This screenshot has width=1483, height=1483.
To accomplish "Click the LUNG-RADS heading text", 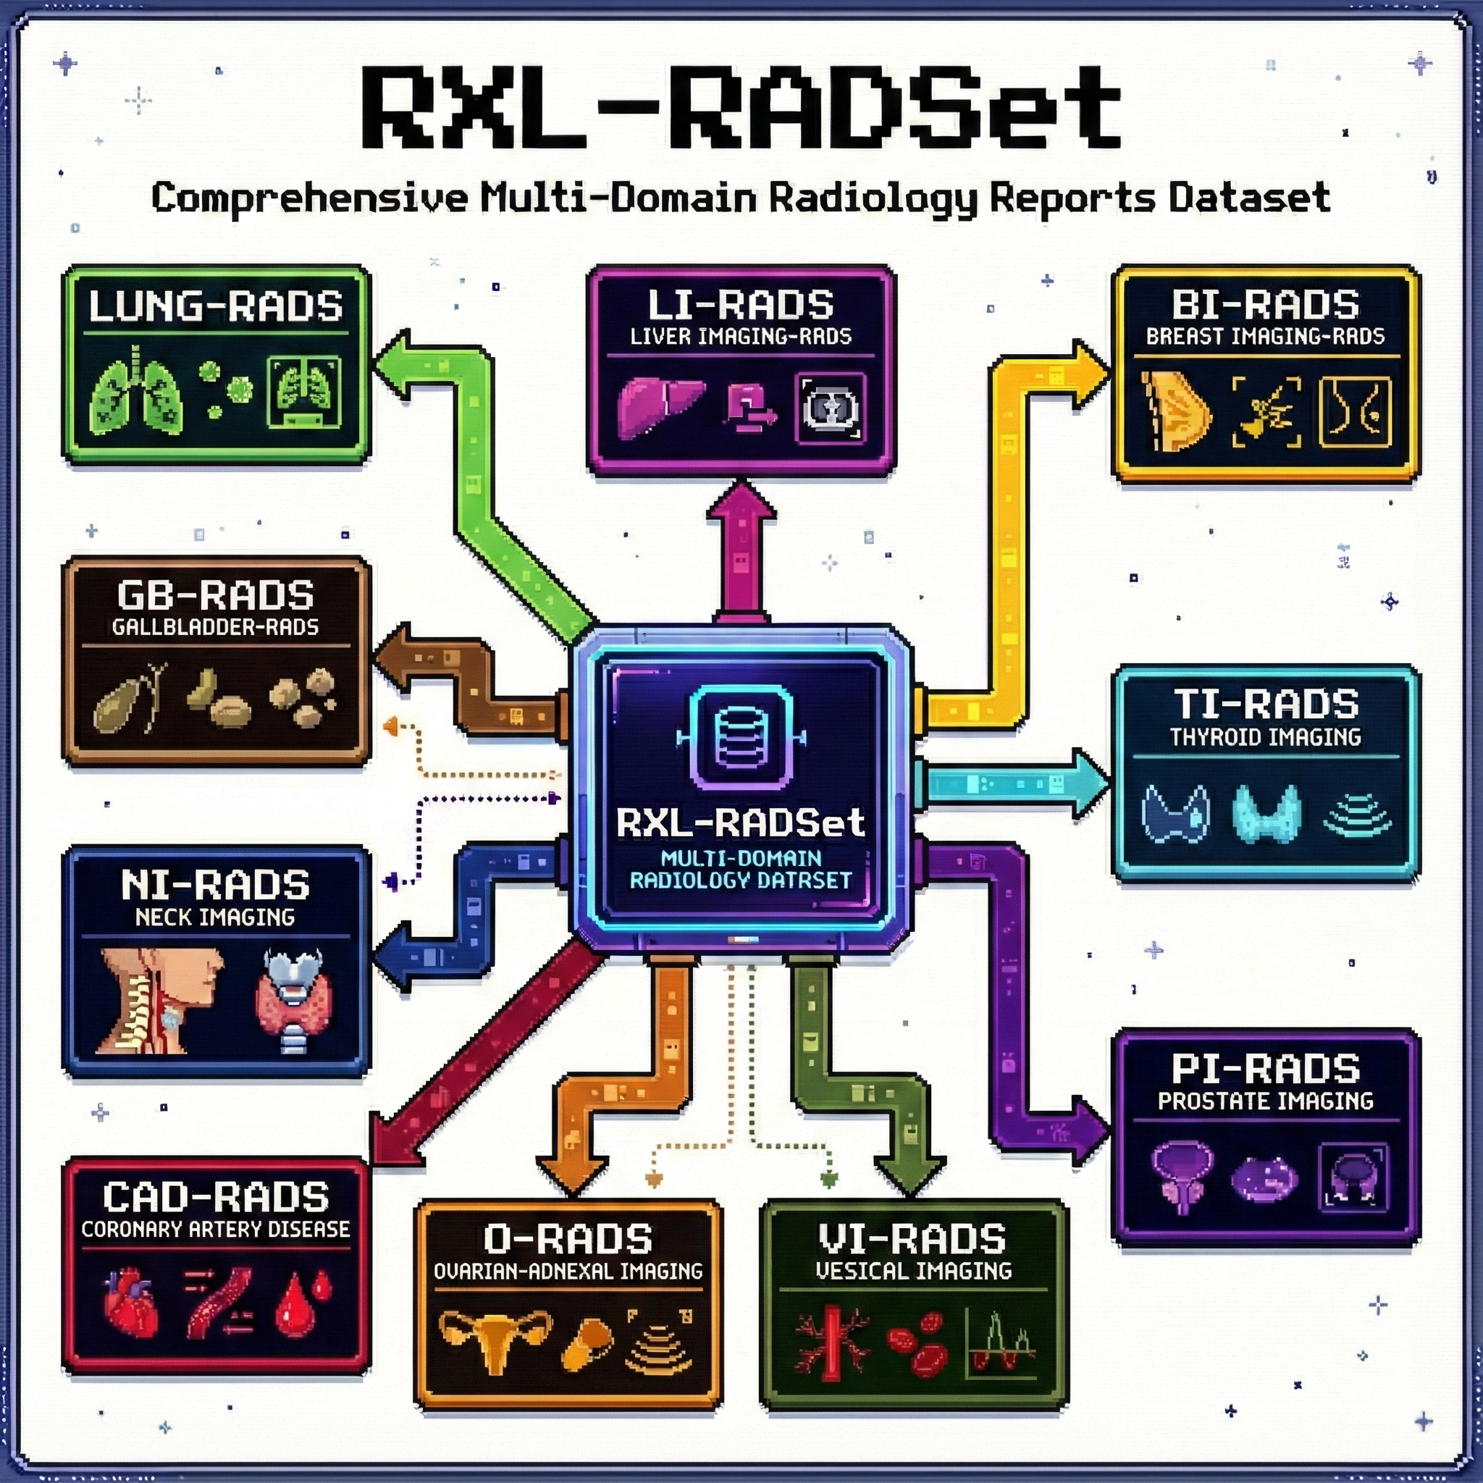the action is [216, 306].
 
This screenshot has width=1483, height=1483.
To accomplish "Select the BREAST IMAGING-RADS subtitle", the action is [1265, 337].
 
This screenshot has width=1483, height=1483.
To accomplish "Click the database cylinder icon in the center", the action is [741, 737].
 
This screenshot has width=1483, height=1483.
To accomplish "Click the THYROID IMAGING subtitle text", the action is [1265, 738].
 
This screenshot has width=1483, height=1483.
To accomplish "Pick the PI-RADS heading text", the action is [1265, 1069].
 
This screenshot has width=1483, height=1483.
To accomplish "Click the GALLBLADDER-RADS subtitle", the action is [215, 627].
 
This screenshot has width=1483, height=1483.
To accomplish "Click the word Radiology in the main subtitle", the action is [873, 198].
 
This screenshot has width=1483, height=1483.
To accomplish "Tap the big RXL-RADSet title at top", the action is [741, 107].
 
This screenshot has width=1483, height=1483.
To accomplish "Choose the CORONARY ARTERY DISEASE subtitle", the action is [215, 1229].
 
